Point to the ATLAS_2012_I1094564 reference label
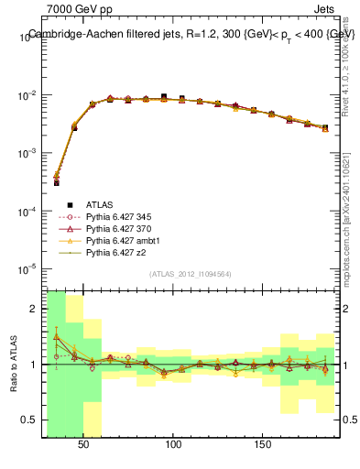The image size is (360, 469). (191, 274)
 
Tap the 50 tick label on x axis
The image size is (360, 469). (84, 444)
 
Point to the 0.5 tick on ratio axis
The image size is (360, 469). (32, 420)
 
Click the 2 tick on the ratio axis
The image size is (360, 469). (36, 309)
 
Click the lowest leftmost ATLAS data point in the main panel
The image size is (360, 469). (56, 183)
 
